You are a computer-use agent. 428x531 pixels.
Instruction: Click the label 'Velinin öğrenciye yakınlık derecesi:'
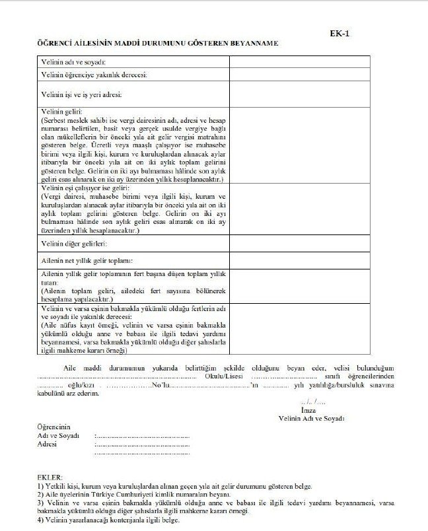coord(93,75)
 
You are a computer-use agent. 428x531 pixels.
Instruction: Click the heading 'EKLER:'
coord(50,477)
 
